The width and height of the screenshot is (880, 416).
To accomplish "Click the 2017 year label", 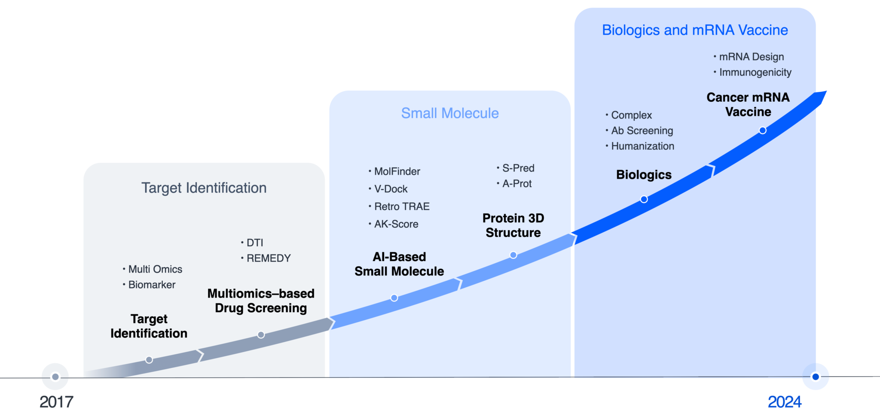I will (56, 402).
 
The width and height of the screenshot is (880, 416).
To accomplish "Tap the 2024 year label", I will (784, 402).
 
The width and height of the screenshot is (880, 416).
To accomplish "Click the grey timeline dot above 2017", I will (55, 377).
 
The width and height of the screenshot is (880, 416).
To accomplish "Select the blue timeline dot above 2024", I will (815, 377).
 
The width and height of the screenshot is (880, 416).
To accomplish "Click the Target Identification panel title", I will (204, 188).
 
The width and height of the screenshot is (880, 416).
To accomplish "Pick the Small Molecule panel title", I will (449, 113).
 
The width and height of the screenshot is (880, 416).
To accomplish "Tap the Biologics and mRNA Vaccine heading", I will (695, 30).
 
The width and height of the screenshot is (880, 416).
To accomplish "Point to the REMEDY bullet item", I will (268, 258).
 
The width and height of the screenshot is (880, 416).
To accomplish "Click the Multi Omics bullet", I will (155, 269).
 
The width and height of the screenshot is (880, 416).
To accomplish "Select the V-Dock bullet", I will (391, 189).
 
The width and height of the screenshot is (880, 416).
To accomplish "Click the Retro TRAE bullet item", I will (401, 206).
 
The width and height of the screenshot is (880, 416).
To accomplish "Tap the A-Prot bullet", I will (516, 184).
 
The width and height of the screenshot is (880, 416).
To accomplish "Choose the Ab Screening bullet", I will (642, 131).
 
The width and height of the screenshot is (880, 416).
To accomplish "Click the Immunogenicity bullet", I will (755, 72).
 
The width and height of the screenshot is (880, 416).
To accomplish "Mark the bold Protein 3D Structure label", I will (513, 225).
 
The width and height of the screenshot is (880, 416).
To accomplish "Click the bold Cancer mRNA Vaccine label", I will (748, 104).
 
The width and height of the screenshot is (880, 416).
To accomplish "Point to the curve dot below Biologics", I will (644, 199).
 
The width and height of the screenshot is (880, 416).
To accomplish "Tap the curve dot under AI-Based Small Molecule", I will (394, 298).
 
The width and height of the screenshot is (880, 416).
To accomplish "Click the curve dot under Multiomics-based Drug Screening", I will (261, 335).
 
